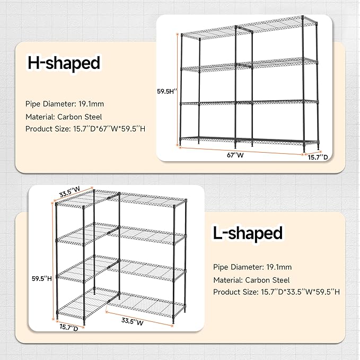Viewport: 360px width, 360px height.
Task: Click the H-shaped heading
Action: (x=64, y=64)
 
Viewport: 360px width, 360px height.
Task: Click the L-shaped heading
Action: (x=248, y=233)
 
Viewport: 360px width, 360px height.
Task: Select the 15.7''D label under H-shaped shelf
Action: (x=319, y=156)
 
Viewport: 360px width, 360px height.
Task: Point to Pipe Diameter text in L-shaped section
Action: (x=252, y=267)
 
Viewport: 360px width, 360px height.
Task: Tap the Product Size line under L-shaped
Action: (x=277, y=292)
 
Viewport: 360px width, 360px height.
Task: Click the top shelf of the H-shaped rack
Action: (x=249, y=30)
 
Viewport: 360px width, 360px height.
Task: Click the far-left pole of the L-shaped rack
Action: (x=57, y=260)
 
